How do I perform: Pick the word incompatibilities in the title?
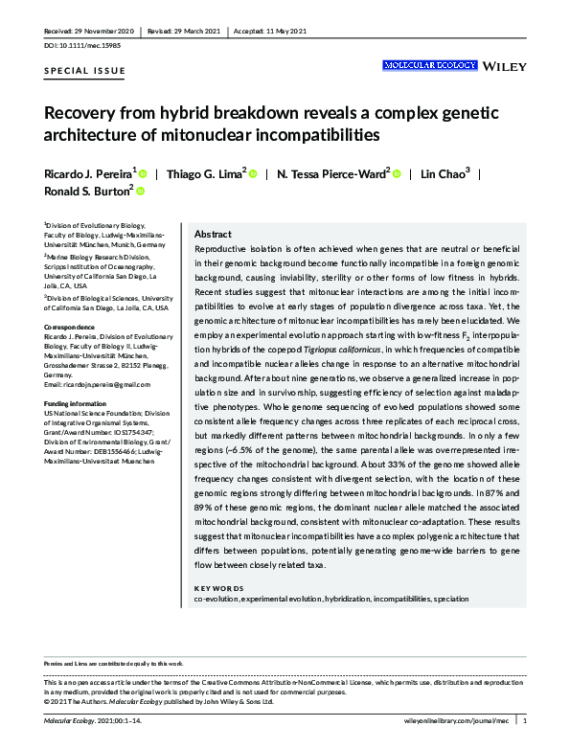[313, 134]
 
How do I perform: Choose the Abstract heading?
[213, 234]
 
